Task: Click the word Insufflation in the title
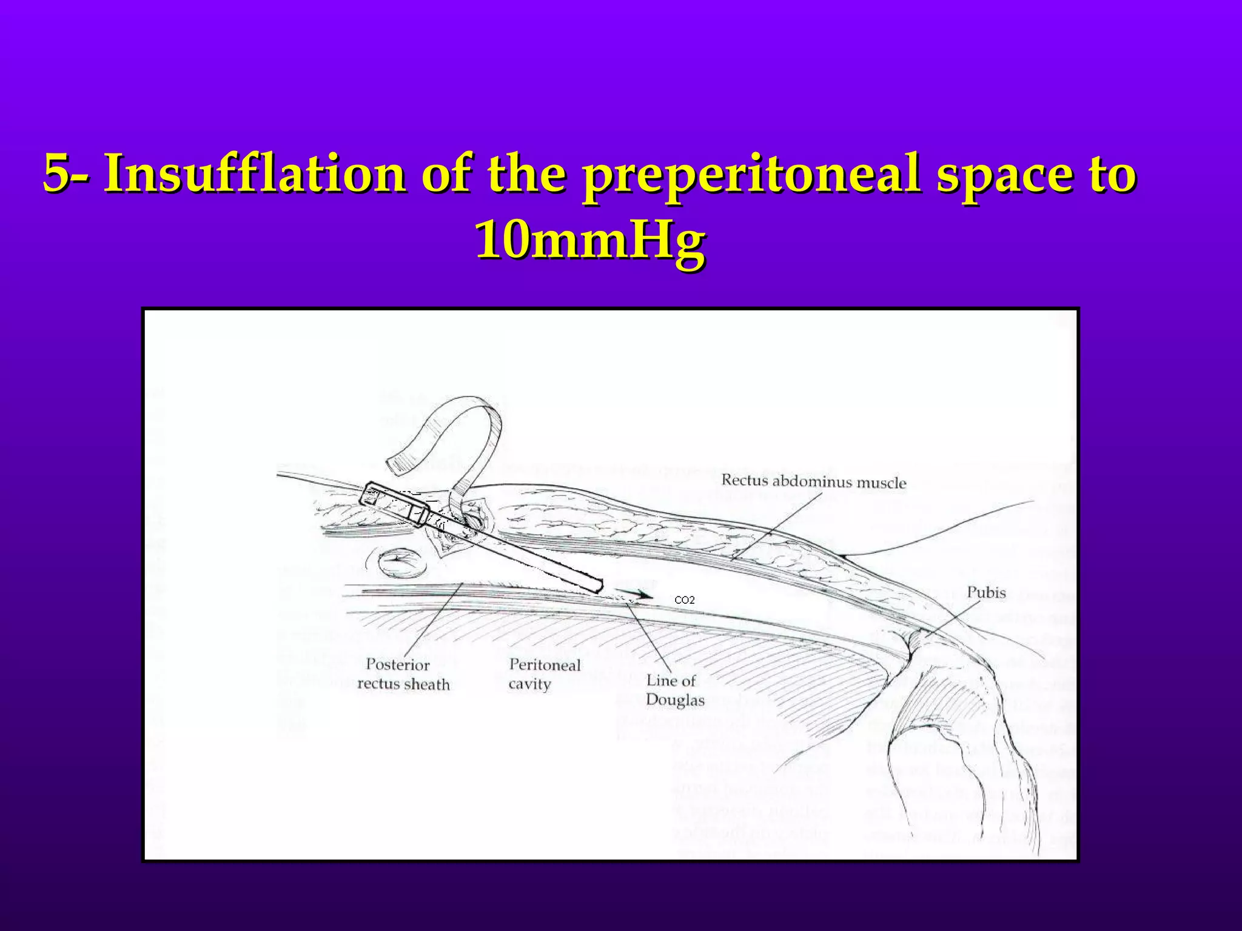[255, 175]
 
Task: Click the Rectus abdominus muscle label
[813, 482]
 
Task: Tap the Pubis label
[986, 592]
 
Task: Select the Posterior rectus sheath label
[403, 674]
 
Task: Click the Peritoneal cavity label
[544, 674]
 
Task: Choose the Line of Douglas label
[674, 690]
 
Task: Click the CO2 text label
[685, 600]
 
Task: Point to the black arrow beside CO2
[636, 593]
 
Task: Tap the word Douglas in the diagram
[675, 700]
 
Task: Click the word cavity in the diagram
[529, 684]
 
